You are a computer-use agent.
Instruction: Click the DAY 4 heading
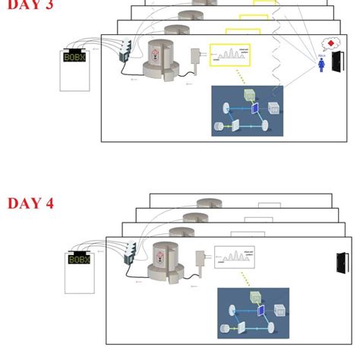(x=31, y=203)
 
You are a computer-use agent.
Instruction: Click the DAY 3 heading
(x=31, y=3)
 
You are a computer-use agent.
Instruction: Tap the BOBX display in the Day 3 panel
(x=75, y=57)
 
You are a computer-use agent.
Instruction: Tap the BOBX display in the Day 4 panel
(x=79, y=258)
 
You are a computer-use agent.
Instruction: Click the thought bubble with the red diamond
(x=330, y=44)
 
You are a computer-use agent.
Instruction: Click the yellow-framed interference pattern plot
(x=235, y=53)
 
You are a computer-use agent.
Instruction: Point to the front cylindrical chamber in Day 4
(x=166, y=262)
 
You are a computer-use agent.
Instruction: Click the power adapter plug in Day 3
(x=197, y=56)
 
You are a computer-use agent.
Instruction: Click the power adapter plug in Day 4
(x=202, y=258)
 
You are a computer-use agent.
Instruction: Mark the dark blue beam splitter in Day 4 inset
(x=260, y=309)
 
